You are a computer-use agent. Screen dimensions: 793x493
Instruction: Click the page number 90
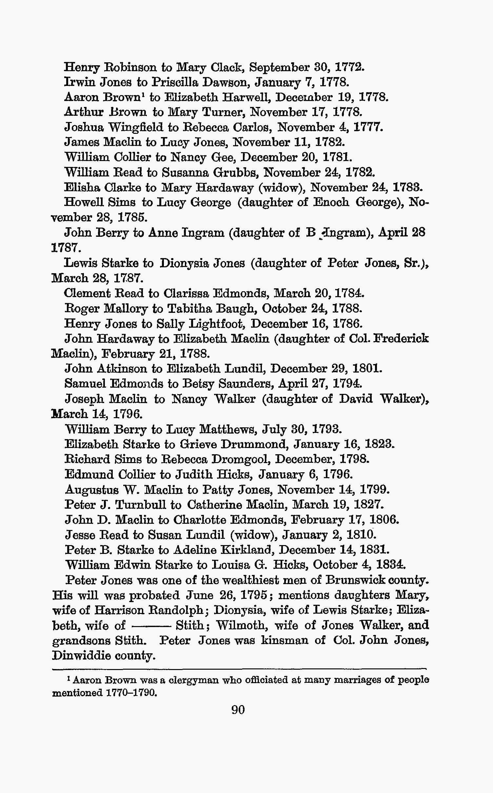click(238, 710)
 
